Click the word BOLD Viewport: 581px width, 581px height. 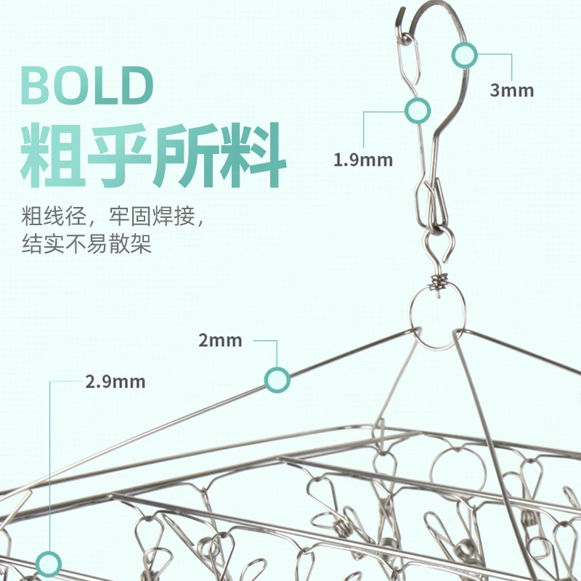click(x=87, y=86)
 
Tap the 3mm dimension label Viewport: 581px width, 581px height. click(x=511, y=91)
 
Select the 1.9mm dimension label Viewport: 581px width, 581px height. click(x=362, y=160)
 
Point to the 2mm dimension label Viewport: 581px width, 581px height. click(x=220, y=340)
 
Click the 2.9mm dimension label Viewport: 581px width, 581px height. click(x=115, y=381)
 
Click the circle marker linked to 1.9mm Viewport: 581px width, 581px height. click(x=417, y=110)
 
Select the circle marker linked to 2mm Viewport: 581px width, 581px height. click(x=277, y=378)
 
